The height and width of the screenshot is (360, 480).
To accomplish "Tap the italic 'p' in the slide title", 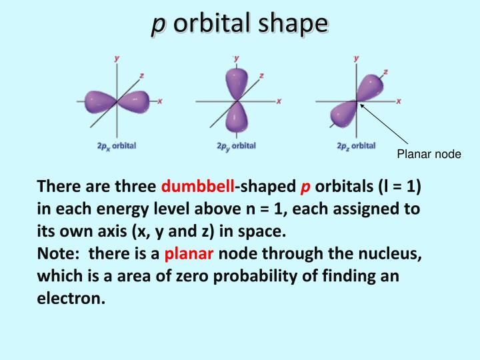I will point(158,25).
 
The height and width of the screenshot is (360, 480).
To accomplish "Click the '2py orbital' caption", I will point(236,145).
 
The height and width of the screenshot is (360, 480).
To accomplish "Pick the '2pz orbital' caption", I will point(356,145).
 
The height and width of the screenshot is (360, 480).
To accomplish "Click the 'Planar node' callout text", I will point(429,155).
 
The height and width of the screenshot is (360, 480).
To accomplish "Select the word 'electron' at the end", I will point(69,298).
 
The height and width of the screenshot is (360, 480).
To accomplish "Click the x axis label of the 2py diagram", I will point(279,101).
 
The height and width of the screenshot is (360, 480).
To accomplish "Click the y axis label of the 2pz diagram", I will point(356,59).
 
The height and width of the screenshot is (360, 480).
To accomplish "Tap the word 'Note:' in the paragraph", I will point(59,253).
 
